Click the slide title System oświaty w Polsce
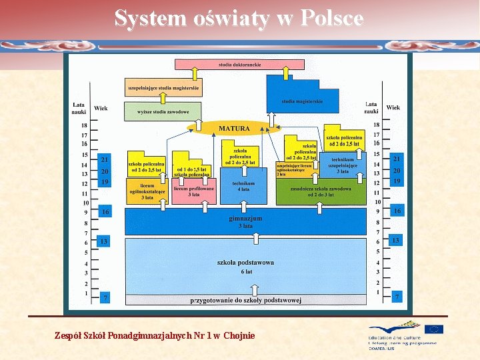tap(239, 19)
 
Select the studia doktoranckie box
tap(239, 65)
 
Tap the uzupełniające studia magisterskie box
tap(163, 87)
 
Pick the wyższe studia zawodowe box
tap(163, 112)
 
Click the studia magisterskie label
tap(302, 101)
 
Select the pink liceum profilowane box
tap(193, 191)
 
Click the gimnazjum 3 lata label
tap(245, 222)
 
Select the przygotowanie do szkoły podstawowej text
tap(245, 300)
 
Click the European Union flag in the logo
tap(434, 329)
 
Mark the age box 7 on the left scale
tap(105, 297)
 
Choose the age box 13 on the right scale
tap(395, 240)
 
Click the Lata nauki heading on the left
tap(79, 108)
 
